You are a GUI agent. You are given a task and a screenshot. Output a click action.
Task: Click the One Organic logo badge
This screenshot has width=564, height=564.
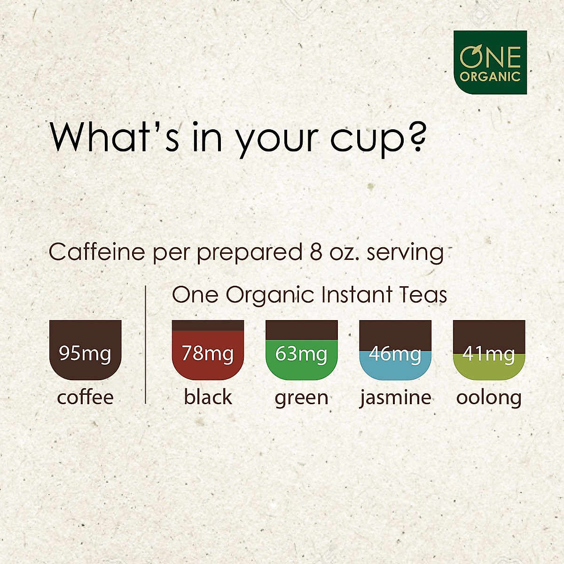490,63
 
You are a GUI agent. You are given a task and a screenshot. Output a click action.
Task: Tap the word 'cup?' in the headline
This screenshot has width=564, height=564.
377,140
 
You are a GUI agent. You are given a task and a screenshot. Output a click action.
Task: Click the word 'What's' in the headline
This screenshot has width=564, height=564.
114,136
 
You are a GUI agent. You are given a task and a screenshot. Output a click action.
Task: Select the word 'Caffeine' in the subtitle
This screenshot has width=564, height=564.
97,252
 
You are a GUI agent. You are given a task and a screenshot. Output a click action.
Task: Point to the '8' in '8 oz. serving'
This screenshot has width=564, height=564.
316,252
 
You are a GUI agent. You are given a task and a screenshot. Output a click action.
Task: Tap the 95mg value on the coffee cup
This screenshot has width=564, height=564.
85,354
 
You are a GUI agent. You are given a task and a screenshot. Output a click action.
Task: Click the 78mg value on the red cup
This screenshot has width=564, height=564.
208,354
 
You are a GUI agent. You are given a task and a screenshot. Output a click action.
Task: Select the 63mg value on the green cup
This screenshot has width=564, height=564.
301,354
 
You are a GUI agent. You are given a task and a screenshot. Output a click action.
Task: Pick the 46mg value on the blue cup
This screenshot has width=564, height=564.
395,354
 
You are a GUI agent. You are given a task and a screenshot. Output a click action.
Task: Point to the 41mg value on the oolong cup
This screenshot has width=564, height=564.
488,354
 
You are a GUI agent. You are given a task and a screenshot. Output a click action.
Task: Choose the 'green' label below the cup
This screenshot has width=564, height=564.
301,399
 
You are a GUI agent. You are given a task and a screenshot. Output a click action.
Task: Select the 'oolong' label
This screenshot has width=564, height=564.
489,399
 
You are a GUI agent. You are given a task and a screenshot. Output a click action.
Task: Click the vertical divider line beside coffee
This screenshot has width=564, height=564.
145,345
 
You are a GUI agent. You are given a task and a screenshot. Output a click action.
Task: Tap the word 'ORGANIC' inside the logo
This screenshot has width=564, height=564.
490,77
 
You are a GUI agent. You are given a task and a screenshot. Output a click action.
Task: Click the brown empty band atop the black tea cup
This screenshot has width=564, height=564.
208,325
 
